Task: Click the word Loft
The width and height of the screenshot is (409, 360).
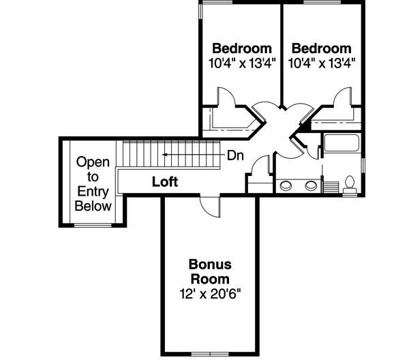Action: point(164,182)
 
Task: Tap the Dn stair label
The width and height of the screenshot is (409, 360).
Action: point(235,155)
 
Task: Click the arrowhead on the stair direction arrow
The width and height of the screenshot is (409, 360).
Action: point(164,155)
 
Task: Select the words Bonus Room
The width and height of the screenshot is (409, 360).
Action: point(209,271)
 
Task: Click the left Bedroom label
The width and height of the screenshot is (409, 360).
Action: point(242,48)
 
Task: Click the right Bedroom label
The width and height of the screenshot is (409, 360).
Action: point(321,48)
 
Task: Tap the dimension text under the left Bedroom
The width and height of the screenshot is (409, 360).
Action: point(242,63)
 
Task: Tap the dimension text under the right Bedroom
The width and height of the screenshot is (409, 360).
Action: point(321,63)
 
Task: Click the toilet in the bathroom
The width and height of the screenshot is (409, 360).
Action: point(350,185)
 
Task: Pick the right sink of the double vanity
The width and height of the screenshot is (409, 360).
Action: point(311,185)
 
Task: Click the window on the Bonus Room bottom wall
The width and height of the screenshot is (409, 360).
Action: point(209,352)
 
